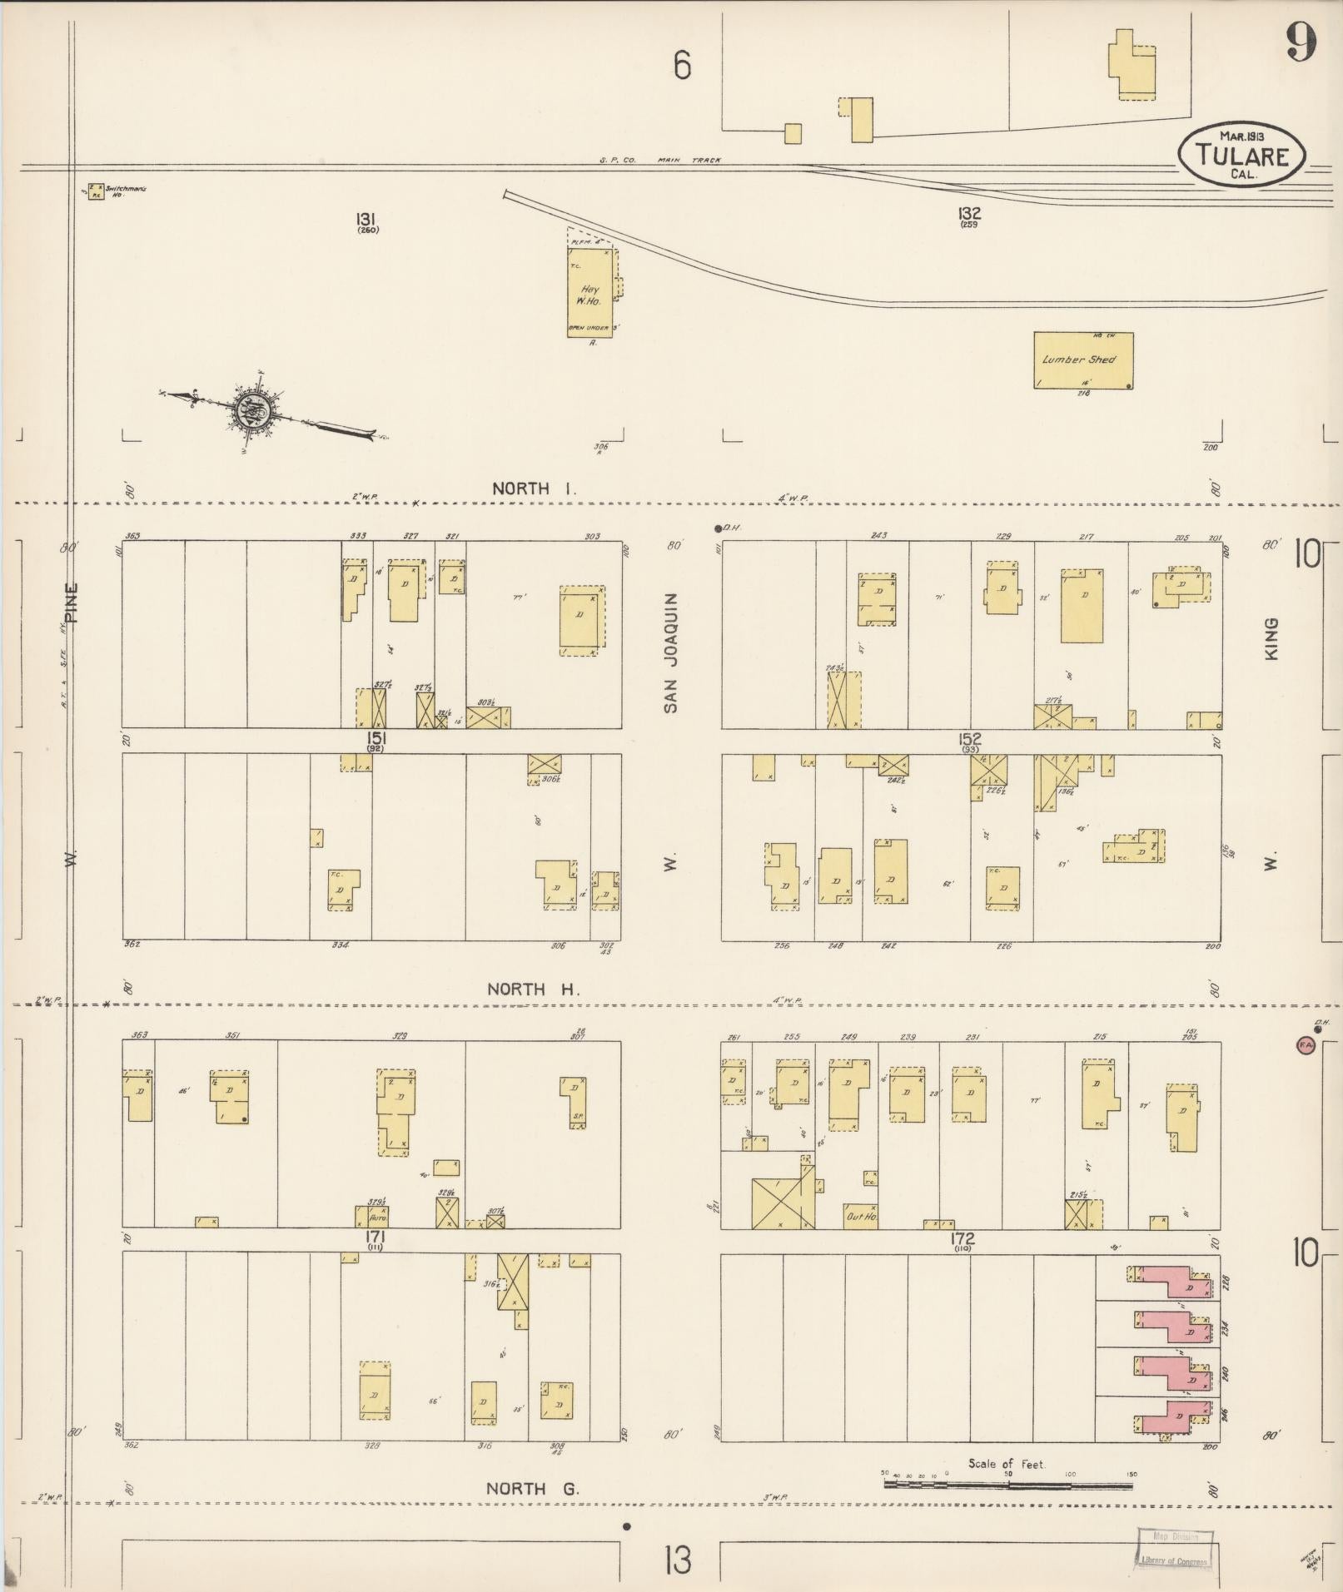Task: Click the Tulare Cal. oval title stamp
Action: [1241, 155]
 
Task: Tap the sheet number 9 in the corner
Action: [1301, 42]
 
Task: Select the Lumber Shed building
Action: [1083, 360]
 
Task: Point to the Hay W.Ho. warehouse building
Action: [590, 292]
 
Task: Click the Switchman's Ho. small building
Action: [97, 191]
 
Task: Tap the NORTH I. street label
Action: [533, 489]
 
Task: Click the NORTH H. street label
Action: [533, 989]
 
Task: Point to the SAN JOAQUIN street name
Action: [671, 653]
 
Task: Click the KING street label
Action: [1271, 639]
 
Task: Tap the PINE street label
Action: [72, 603]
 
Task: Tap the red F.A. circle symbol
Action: [1305, 1044]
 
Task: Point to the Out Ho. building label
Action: [860, 1217]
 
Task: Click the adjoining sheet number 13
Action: [679, 1560]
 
